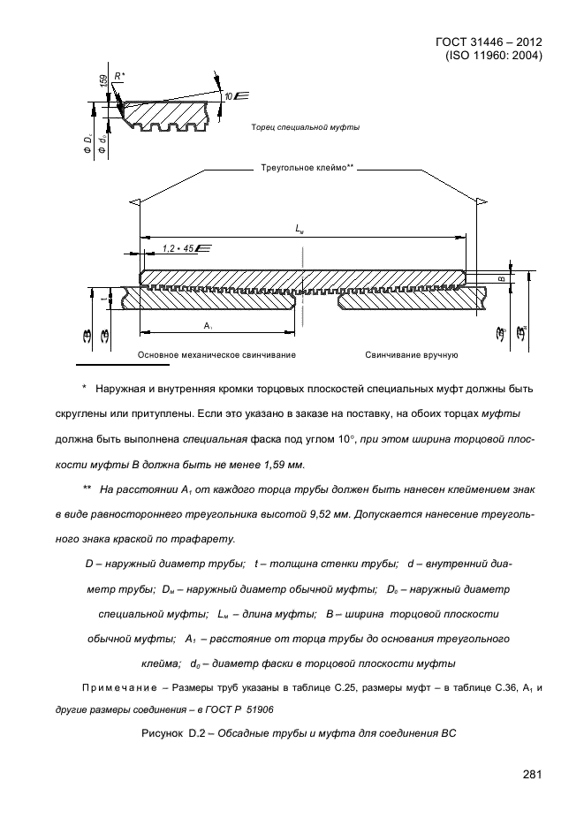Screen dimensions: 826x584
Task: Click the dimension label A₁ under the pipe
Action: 208,325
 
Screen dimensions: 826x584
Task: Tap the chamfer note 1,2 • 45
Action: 180,250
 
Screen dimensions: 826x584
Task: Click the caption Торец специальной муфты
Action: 306,127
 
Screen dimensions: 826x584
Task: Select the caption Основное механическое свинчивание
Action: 216,354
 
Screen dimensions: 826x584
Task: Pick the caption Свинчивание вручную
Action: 411,354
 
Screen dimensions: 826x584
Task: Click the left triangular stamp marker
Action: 135,202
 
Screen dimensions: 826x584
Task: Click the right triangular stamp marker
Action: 480,202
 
